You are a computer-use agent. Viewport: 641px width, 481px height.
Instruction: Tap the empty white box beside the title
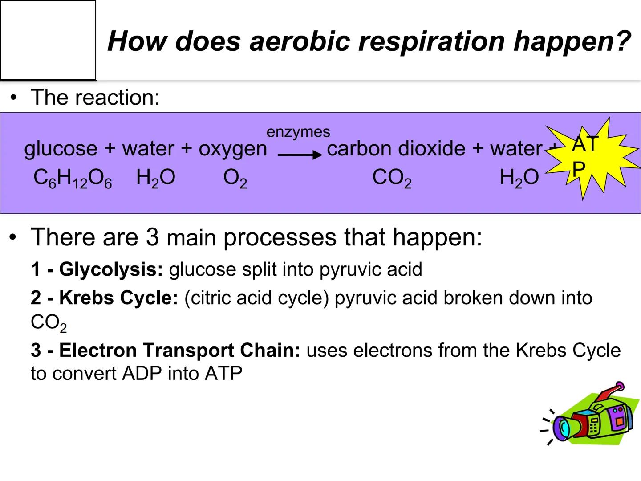coord(48,40)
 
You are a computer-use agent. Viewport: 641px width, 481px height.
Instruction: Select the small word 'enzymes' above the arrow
coord(298,132)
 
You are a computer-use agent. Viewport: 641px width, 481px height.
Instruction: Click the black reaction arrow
coord(300,155)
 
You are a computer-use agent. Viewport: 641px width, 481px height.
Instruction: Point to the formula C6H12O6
coord(73,179)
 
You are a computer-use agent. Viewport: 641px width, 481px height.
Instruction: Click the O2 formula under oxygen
coord(235,179)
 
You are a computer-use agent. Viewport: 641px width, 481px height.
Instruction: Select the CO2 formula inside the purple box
coord(392,179)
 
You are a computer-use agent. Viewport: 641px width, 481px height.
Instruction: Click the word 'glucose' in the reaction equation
coord(61,149)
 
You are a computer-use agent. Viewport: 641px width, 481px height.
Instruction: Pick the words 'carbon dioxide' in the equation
coord(396,148)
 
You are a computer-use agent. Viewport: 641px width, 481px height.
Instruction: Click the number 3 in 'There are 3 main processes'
coord(152,237)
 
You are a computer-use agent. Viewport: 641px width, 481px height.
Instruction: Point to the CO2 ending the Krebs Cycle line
coord(49,323)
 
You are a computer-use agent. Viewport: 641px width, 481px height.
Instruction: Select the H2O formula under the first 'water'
coord(156,179)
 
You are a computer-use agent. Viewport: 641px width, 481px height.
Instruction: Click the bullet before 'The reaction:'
coord(15,97)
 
